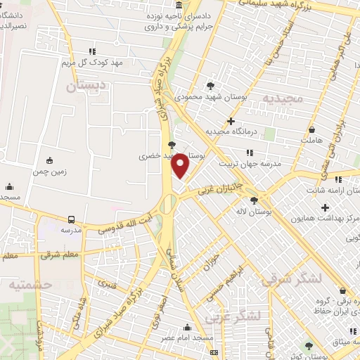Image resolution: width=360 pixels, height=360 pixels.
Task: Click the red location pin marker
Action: point(181,166)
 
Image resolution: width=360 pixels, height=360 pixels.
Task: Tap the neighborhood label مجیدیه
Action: point(282,98)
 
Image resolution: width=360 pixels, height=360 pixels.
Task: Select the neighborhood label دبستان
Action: point(85,87)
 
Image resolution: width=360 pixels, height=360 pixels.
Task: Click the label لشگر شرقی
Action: point(291,279)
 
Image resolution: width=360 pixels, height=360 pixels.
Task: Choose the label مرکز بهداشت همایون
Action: point(326,219)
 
